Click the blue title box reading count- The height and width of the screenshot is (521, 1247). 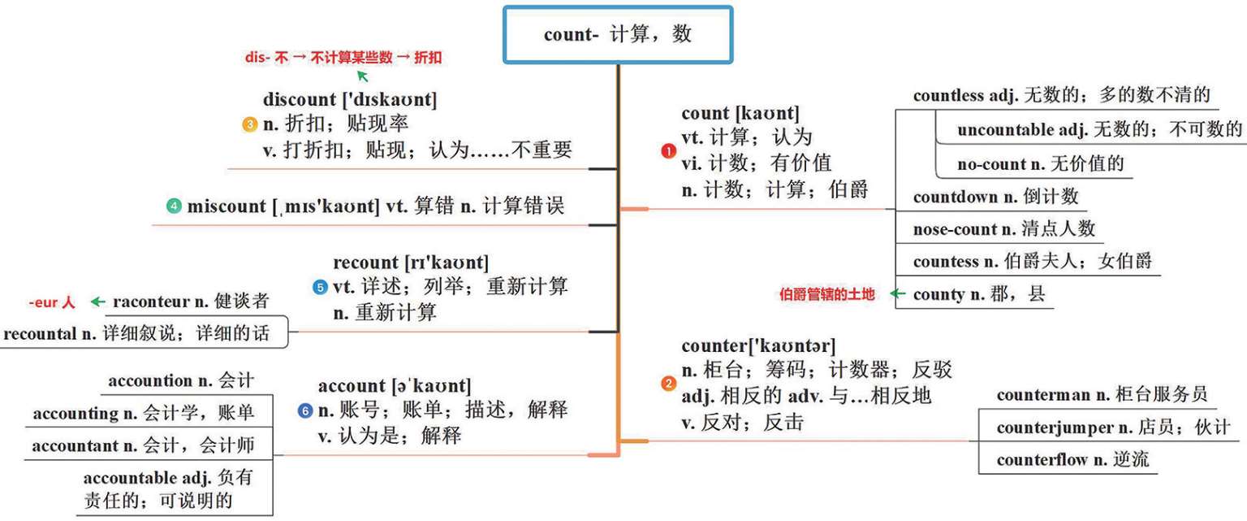(x=618, y=35)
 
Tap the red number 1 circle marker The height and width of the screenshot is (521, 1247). (x=668, y=151)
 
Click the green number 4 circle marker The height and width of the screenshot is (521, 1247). (x=174, y=206)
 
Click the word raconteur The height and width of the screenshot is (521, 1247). (x=150, y=302)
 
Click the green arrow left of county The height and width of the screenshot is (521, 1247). (x=897, y=294)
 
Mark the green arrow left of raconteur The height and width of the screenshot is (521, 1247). (x=97, y=302)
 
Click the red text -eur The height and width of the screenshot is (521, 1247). (x=41, y=302)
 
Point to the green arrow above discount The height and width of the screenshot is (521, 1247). (x=363, y=76)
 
